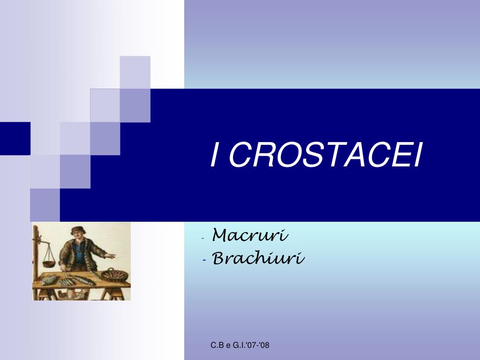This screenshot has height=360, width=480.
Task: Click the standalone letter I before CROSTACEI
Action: [x=215, y=155]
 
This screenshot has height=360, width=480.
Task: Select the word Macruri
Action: [x=250, y=235]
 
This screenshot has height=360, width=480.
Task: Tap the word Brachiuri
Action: [x=258, y=258]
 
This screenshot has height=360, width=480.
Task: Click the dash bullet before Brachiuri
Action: [x=204, y=260]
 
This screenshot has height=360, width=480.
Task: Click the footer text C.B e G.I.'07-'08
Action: [x=240, y=345]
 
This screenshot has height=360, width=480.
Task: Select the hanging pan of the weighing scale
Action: [x=49, y=263]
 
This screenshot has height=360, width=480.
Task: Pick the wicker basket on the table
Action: [x=114, y=275]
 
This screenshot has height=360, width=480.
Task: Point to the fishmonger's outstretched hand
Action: [x=111, y=255]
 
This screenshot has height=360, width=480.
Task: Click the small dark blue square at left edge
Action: [x=15, y=138]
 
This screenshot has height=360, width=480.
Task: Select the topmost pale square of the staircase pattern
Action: [x=135, y=72]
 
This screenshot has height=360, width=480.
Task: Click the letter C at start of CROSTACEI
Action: [x=240, y=155]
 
